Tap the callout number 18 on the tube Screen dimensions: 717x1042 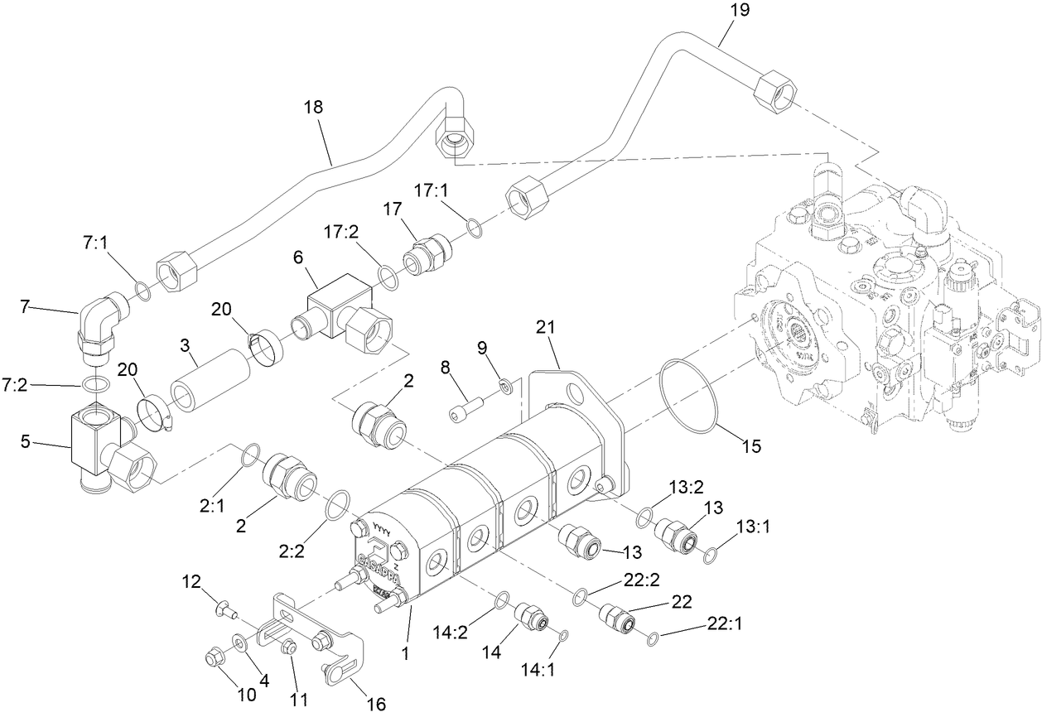[x=313, y=108]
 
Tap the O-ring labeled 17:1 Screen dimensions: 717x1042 [x=475, y=228]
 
